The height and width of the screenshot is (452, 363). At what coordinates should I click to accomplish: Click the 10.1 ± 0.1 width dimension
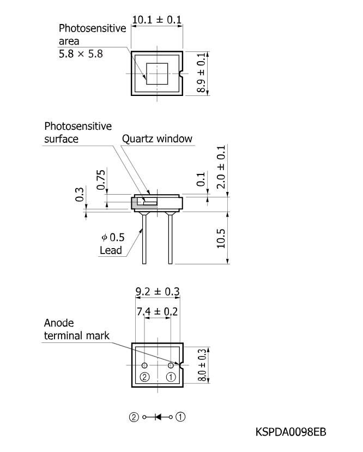(x=157, y=20)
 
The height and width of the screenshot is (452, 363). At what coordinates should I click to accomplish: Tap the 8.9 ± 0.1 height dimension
(x=201, y=73)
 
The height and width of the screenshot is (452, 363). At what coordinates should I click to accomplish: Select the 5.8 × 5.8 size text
(x=81, y=54)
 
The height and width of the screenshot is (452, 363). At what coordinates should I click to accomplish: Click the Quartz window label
(x=157, y=138)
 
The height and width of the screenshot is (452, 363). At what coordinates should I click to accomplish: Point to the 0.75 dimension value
(x=101, y=180)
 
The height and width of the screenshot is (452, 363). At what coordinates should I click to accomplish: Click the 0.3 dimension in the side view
(x=79, y=194)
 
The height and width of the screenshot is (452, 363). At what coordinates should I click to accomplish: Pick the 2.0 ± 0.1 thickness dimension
(x=221, y=167)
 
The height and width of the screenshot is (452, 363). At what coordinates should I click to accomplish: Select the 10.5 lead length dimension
(x=221, y=239)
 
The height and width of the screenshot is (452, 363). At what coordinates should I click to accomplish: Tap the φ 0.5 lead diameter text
(x=113, y=237)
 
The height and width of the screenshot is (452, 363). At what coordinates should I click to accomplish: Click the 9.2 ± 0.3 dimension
(x=158, y=292)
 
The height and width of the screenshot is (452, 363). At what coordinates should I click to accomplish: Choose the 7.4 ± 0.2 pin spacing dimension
(x=158, y=311)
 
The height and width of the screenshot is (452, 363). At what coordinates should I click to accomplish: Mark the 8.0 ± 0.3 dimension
(x=202, y=365)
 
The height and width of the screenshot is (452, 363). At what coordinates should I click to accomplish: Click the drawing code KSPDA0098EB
(x=291, y=432)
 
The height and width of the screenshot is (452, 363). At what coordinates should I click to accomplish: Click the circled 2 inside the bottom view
(x=144, y=377)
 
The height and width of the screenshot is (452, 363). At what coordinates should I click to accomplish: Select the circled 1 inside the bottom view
(x=171, y=377)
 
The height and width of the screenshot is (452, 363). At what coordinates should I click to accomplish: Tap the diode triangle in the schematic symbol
(x=158, y=417)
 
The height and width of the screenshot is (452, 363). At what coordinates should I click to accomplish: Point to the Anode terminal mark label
(x=77, y=329)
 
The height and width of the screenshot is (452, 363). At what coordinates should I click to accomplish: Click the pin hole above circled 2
(x=144, y=365)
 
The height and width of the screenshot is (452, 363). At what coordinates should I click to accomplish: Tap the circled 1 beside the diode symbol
(x=180, y=417)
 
